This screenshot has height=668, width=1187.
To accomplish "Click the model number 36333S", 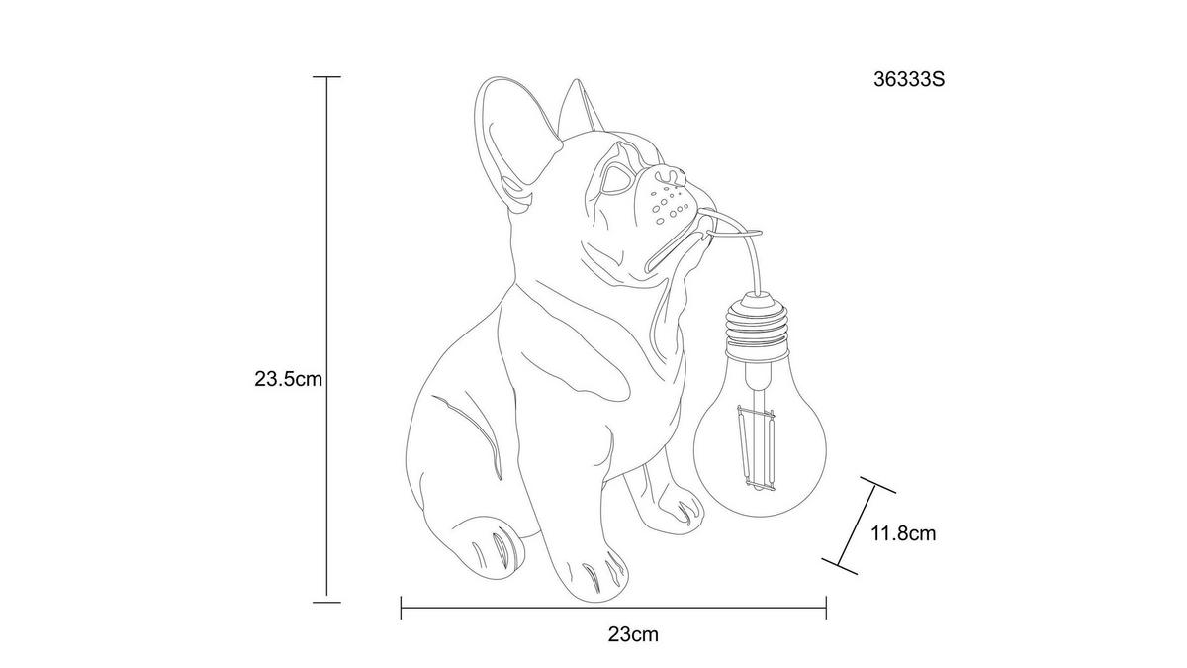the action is (x=909, y=79).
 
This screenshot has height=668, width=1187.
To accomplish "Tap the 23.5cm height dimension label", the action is (x=288, y=379).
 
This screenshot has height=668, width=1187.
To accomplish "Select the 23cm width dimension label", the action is (x=633, y=634).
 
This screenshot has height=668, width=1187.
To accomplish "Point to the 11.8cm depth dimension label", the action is (x=903, y=533).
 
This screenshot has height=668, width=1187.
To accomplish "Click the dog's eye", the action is (x=613, y=179).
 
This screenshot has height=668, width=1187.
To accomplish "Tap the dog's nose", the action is (x=671, y=176).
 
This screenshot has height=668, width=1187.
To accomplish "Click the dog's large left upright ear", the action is (x=511, y=143).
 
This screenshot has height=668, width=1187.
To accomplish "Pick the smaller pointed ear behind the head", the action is (x=582, y=106).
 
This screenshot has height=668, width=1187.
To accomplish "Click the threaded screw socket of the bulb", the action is (x=757, y=329).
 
